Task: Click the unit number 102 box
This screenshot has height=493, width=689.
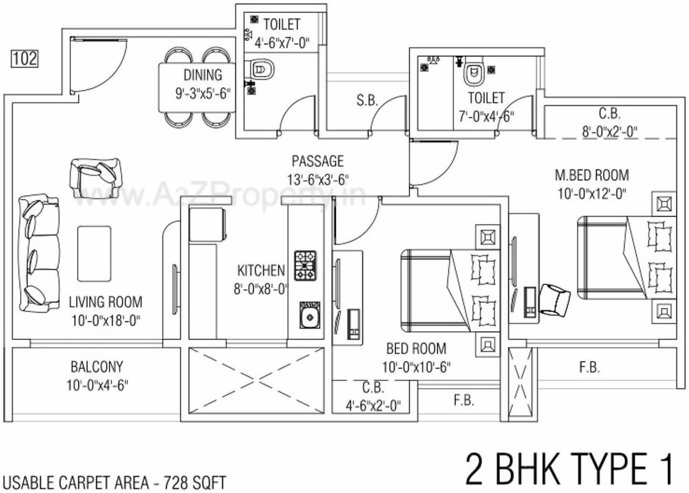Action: tap(24, 58)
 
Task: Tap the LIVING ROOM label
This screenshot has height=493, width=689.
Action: tap(105, 302)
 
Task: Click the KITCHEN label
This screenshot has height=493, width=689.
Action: tap(261, 270)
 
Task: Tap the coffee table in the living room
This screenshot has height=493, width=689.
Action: tap(94, 253)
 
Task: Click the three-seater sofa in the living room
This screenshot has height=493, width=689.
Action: tap(39, 254)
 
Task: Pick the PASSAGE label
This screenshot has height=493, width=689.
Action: tap(318, 161)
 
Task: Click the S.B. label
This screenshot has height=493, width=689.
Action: tap(367, 100)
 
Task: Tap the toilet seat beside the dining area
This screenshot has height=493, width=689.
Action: tap(261, 71)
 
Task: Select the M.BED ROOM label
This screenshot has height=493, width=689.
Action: tap(591, 175)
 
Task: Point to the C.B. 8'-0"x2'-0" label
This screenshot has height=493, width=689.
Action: tap(609, 123)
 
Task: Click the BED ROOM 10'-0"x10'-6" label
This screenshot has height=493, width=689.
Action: tap(416, 357)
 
